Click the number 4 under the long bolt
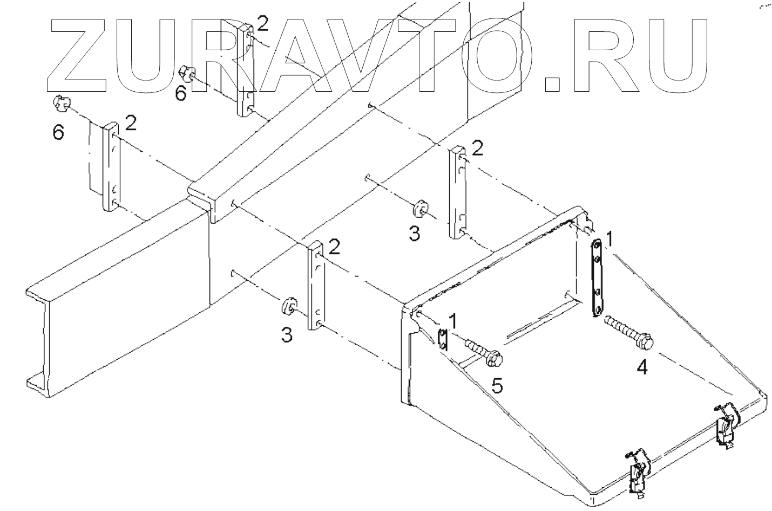[642, 367]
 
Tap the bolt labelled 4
[629, 331]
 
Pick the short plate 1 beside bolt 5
[443, 340]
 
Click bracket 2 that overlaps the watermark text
[246, 69]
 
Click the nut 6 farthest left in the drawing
[61, 103]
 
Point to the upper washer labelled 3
[419, 210]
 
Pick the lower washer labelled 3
[288, 306]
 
